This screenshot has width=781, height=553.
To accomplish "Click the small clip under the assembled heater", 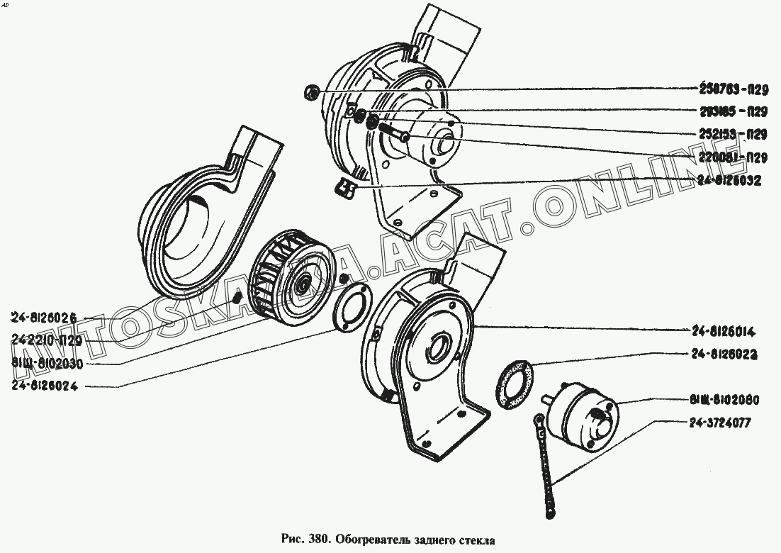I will point(345,188).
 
